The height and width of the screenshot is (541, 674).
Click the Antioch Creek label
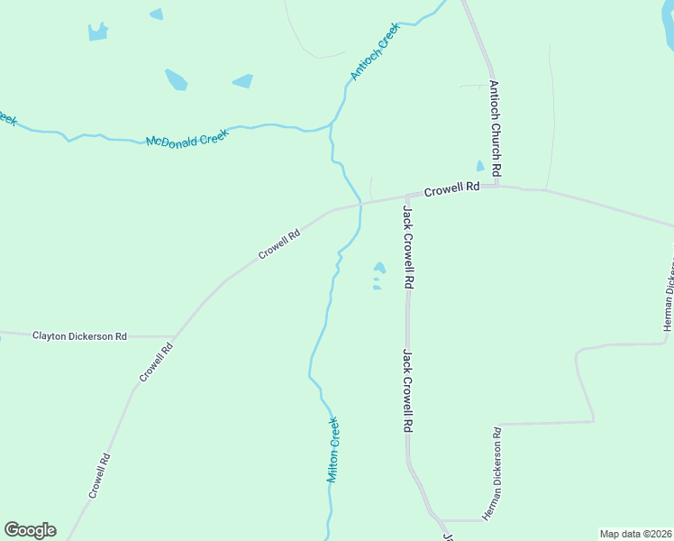[x=375, y=52]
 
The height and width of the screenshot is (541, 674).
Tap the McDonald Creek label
[x=187, y=138]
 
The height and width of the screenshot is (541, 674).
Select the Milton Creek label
[x=332, y=449]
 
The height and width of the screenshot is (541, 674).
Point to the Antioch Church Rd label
[x=495, y=129]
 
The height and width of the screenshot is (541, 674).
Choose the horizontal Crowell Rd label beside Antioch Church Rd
[x=451, y=189]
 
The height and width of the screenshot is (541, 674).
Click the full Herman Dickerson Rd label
[x=492, y=473]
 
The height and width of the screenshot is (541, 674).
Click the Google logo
[x=30, y=530]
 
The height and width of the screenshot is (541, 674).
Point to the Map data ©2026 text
[x=635, y=533]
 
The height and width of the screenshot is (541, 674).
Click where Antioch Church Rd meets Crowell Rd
[x=496, y=187]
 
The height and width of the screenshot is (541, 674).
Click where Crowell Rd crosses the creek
[x=361, y=205]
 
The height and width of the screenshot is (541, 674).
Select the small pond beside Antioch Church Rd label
[x=480, y=167]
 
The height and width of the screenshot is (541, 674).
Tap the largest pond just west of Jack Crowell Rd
[x=379, y=268]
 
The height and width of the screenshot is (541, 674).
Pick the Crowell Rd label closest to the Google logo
[x=99, y=475]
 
